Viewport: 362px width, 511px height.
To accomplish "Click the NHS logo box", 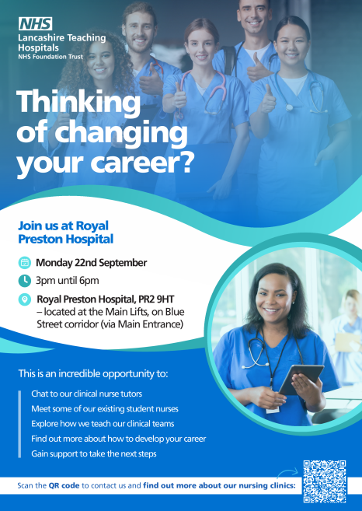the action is click(35, 24).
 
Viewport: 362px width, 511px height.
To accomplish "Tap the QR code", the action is click(324, 481).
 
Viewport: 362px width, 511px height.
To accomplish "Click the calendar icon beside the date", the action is click(24, 263).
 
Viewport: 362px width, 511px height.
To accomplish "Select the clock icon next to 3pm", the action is click(24, 281).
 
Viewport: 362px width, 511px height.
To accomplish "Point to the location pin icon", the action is click(24, 299).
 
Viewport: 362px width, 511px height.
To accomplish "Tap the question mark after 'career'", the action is click(185, 162).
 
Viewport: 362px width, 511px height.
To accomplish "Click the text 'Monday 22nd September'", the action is click(91, 263).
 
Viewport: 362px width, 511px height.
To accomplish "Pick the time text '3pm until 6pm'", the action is click(67, 281).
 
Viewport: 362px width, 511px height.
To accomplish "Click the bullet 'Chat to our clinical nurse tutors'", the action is click(86, 394).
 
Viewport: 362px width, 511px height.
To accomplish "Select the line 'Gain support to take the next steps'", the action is click(94, 453).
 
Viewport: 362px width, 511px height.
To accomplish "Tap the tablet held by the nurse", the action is click(301, 379).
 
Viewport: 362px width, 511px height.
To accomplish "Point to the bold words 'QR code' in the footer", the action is click(64, 485).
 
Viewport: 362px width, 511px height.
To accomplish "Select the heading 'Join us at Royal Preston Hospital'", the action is click(66, 233).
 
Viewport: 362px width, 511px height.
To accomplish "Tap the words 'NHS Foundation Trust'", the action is click(50, 57).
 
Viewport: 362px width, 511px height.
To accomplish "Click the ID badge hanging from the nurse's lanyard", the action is click(273, 410).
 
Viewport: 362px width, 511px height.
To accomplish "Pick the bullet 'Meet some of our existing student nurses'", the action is click(105, 408).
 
